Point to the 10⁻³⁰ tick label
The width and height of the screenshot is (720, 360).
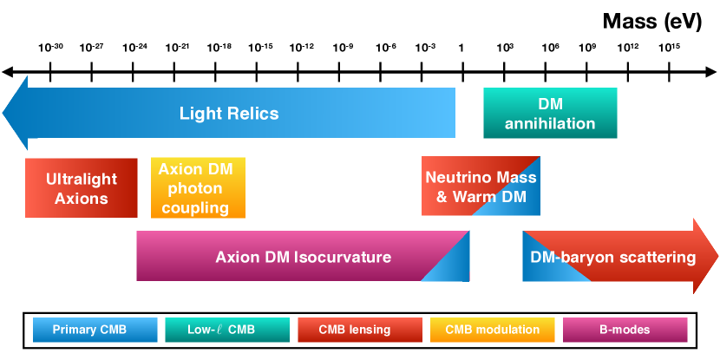[51, 47]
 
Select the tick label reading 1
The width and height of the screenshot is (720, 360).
[461, 47]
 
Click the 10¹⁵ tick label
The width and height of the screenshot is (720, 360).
[668, 47]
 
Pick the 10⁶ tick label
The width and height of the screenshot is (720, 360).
[550, 47]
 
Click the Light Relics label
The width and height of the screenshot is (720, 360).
[229, 113]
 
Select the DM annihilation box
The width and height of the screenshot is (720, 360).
[550, 113]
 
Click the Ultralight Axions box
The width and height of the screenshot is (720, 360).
[82, 187]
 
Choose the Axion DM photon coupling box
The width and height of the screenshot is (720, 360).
[198, 187]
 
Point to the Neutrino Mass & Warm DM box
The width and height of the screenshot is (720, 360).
[481, 187]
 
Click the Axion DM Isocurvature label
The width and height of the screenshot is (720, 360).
[303, 257]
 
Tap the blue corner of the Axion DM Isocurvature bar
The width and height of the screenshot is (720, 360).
[456, 267]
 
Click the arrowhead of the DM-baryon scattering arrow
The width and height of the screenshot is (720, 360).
[705, 257]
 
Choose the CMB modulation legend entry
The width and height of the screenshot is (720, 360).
[492, 330]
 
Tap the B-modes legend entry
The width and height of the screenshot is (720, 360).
[625, 330]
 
